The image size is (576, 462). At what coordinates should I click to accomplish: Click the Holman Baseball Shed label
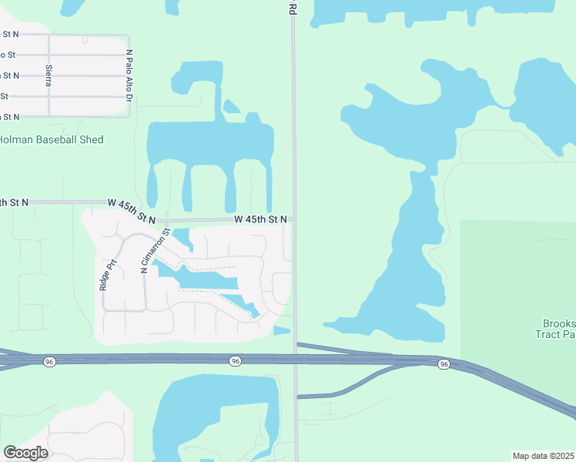52,139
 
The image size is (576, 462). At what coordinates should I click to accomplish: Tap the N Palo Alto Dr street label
129,76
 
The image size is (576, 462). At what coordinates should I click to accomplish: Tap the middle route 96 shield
235,360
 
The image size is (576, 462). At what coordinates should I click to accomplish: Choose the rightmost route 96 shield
444,363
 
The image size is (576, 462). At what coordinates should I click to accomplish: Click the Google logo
25,452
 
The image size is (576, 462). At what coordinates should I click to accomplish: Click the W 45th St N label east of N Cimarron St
261,219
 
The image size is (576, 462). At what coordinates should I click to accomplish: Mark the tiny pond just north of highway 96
282,330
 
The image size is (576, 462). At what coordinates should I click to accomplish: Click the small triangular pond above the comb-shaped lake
231,106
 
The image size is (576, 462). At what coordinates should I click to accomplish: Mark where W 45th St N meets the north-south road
293,219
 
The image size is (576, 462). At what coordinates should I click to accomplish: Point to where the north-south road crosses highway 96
294,360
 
